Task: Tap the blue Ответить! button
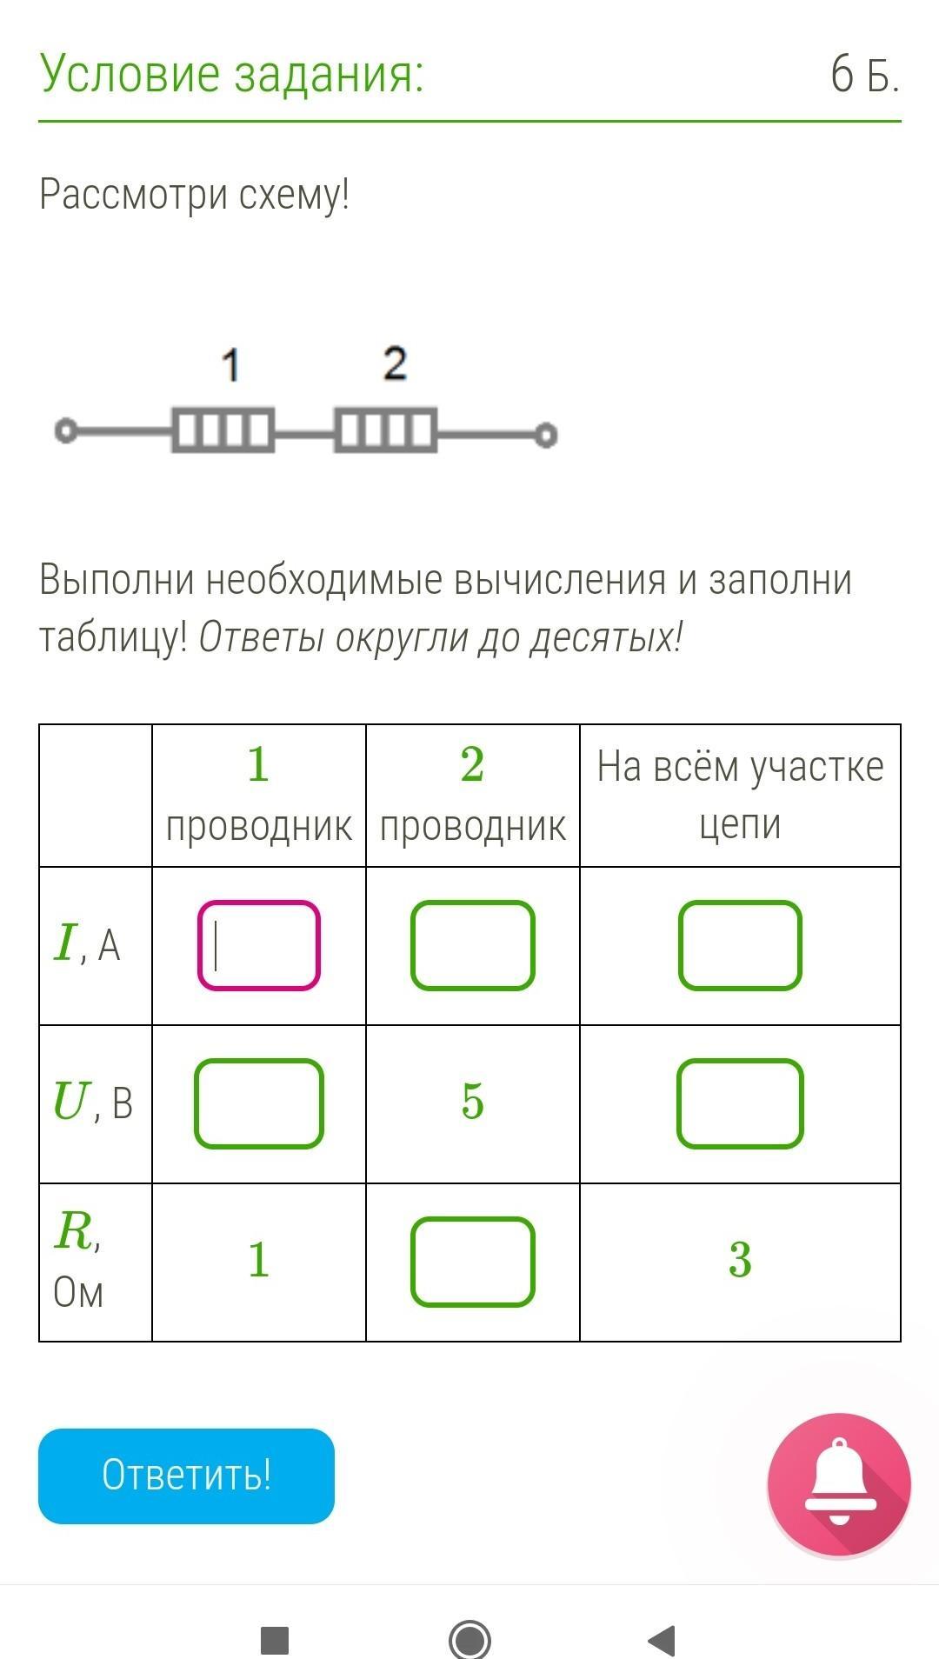[186, 1476]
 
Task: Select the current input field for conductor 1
[259, 945]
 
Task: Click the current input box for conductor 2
[472, 945]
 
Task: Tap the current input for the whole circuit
[740, 945]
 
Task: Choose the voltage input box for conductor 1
[259, 1103]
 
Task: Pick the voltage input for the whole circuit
[740, 1103]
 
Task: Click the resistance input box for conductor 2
[472, 1262]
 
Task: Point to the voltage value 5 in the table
[472, 1102]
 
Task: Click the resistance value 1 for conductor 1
[259, 1260]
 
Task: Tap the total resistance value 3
[740, 1260]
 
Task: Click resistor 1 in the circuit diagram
[223, 430]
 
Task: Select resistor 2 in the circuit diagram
[385, 430]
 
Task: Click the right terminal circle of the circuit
[545, 434]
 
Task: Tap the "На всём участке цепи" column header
[740, 795]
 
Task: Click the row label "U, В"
[92, 1103]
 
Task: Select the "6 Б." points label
[864, 74]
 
